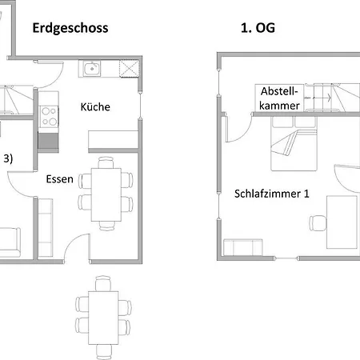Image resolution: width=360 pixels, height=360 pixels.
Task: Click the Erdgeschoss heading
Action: pyautogui.click(x=70, y=28)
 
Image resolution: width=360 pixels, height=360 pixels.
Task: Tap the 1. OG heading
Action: pyautogui.click(x=258, y=28)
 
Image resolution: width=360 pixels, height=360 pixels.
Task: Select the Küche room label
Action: pyautogui.click(x=95, y=106)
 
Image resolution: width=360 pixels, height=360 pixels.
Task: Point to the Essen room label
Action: pyautogui.click(x=59, y=179)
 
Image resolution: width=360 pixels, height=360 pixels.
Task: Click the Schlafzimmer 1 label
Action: pyautogui.click(x=272, y=194)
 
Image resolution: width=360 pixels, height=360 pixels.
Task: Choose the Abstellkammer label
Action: pyautogui.click(x=279, y=98)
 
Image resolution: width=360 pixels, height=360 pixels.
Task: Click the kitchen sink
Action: pyautogui.click(x=92, y=69)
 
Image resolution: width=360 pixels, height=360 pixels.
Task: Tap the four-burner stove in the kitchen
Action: pyautogui.click(x=49, y=116)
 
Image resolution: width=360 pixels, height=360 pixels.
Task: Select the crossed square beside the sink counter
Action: pyautogui.click(x=129, y=69)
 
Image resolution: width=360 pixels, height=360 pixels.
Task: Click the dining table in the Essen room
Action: pyautogui.click(x=106, y=194)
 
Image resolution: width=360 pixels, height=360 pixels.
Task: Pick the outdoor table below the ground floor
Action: pyautogui.click(x=103, y=318)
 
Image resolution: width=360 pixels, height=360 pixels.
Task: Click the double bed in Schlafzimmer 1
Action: pyautogui.click(x=294, y=143)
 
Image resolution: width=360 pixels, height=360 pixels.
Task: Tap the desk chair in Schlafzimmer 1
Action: pyautogui.click(x=318, y=223)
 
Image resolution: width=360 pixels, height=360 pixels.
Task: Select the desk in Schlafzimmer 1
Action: pyautogui.click(x=342, y=222)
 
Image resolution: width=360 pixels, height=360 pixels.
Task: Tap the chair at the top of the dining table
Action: pyautogui.click(x=106, y=162)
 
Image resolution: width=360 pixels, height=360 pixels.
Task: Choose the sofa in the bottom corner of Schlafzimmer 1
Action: pyautogui.click(x=242, y=247)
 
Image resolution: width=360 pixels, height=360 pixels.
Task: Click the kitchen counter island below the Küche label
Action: pyautogui.click(x=113, y=139)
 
